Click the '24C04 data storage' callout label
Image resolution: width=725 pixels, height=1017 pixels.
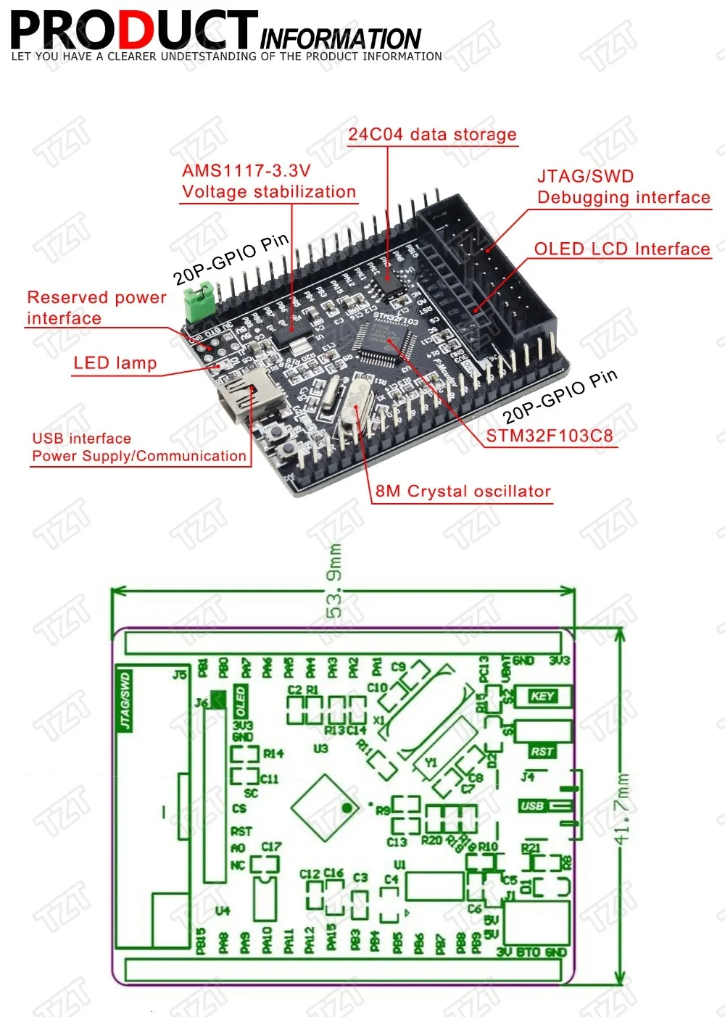432,135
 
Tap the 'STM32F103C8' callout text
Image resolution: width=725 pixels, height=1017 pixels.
549,436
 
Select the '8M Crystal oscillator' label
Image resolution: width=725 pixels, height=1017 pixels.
463,491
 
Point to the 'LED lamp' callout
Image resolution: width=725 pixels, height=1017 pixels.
115,363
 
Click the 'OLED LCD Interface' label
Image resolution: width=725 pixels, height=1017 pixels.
622,249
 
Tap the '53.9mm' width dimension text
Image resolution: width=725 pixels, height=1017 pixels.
335,581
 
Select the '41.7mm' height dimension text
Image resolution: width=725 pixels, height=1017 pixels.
622,808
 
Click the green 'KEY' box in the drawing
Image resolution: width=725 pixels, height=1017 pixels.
542,696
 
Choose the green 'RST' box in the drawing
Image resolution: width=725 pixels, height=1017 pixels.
542,752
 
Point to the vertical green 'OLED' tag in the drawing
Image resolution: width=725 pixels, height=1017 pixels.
240,702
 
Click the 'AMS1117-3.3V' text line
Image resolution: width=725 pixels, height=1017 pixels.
246,171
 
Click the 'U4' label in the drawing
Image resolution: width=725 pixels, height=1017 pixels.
223,910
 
